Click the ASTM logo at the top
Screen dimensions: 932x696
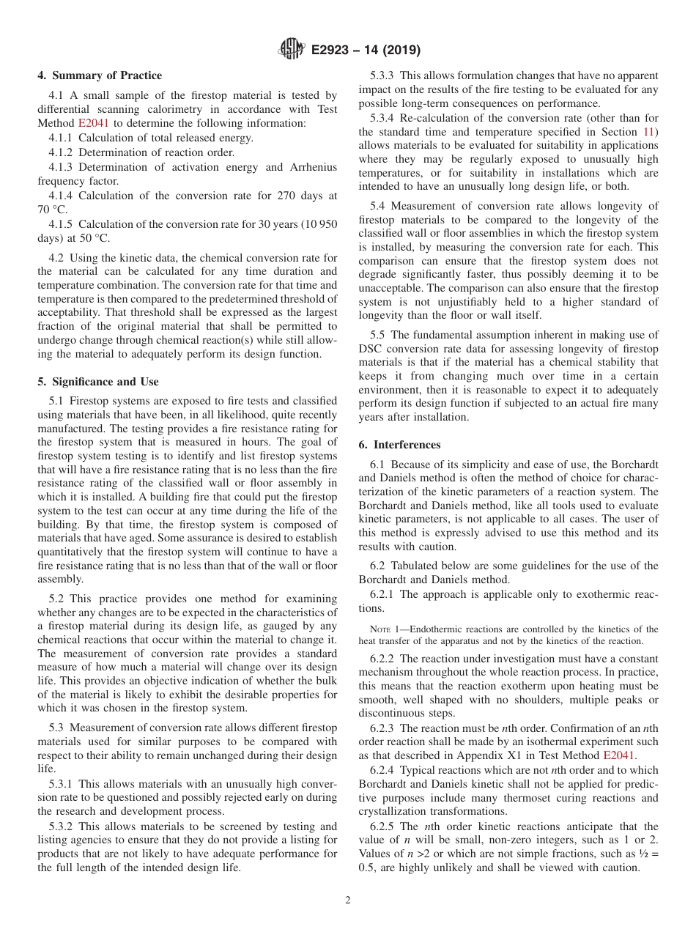(292, 50)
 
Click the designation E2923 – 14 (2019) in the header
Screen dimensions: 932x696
(366, 51)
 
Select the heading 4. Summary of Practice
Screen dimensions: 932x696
(100, 75)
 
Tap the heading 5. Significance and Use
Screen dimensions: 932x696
(98, 382)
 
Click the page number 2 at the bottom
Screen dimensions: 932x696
(348, 900)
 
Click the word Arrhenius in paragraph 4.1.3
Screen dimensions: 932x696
(313, 167)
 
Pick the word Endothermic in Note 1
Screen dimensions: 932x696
(434, 629)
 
